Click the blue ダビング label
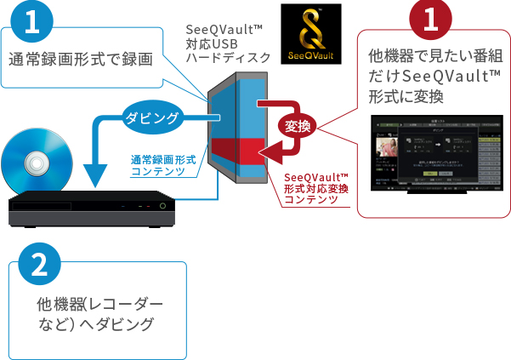click(x=152, y=117)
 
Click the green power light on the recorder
click(x=157, y=206)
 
